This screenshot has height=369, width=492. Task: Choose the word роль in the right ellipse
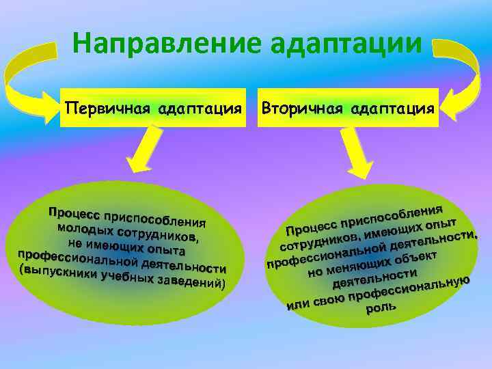click(x=381, y=309)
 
